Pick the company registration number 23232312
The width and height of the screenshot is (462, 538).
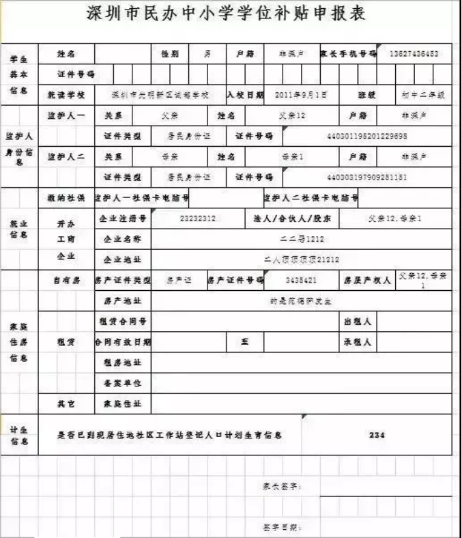[198, 219]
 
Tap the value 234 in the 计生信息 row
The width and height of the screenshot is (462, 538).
[377, 434]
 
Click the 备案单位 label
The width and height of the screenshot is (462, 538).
[123, 383]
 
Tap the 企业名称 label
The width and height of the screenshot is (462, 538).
[123, 240]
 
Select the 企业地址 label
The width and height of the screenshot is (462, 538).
[123, 259]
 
